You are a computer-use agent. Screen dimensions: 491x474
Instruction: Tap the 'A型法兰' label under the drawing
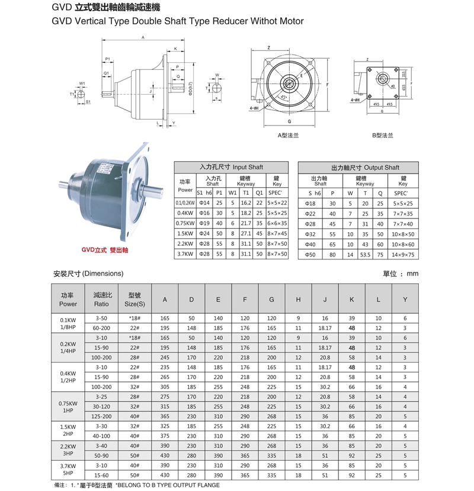click(x=288, y=135)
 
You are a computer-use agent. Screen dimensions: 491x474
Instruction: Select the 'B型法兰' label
click(x=382, y=135)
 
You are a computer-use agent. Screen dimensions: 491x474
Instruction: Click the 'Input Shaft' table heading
click(x=231, y=168)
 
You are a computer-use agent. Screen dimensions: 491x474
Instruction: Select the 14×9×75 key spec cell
click(x=403, y=254)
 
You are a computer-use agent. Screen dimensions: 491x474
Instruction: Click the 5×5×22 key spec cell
click(x=277, y=203)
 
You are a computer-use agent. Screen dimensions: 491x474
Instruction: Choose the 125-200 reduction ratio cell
click(x=101, y=416)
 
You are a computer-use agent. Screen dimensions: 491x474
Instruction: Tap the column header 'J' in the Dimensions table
click(x=325, y=299)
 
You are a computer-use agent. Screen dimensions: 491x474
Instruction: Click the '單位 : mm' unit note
click(x=401, y=274)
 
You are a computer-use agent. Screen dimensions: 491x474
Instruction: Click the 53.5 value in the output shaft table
click(x=365, y=254)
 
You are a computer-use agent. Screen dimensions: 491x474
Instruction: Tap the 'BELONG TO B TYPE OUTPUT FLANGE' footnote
click(x=168, y=485)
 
